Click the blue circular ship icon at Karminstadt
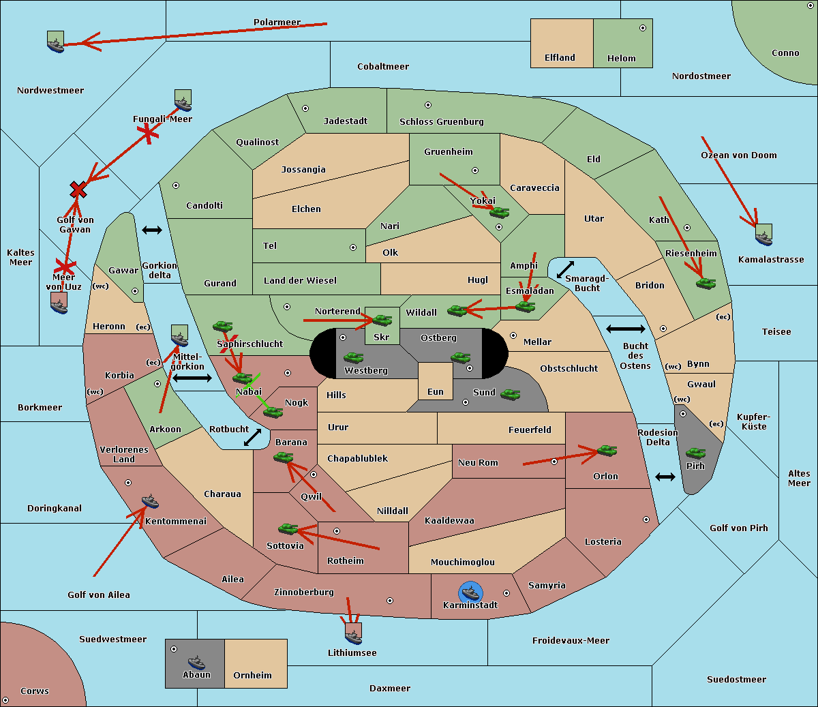[470, 592]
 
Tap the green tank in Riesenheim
[706, 282]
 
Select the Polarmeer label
[277, 22]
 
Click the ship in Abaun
[196, 662]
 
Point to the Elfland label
[560, 58]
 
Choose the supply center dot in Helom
[642, 28]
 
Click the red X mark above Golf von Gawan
[78, 190]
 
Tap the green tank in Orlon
[606, 451]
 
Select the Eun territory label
[436, 392]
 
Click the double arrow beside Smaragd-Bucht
[565, 270]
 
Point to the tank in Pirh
[695, 453]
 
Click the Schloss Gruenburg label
[441, 122]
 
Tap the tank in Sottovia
[288, 528]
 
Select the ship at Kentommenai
[150, 502]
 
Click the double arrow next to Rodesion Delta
[665, 477]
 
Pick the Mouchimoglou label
[462, 562]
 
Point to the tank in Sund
[510, 394]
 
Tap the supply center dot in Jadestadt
[305, 108]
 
